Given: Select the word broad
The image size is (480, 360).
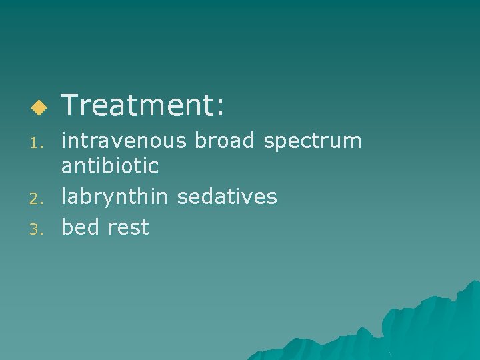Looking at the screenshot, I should click(x=231, y=141).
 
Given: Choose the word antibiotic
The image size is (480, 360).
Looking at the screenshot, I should click(x=110, y=166).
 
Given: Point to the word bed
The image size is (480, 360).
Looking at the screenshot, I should click(x=79, y=227).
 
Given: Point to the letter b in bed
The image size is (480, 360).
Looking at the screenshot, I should click(x=67, y=227).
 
